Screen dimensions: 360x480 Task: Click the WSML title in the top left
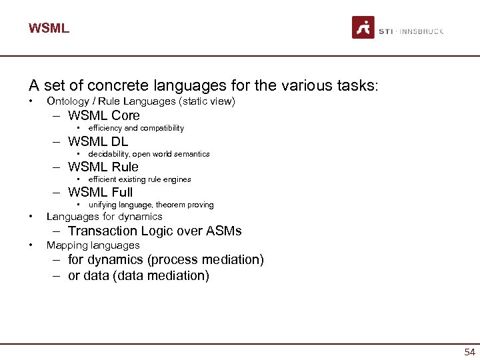click(x=49, y=29)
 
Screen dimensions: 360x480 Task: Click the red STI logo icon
click(x=363, y=28)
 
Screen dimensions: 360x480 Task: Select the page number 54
click(x=469, y=352)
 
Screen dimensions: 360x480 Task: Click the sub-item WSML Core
click(x=104, y=115)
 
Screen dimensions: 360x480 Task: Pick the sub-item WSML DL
click(x=98, y=141)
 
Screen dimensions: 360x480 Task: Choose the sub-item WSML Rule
click(x=103, y=167)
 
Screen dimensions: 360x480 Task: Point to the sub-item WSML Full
click(x=101, y=193)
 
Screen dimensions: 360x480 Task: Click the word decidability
click(x=109, y=154)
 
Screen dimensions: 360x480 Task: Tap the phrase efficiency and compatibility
click(x=136, y=128)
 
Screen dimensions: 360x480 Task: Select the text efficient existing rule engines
click(x=139, y=179)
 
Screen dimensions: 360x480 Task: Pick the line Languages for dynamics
click(x=104, y=217)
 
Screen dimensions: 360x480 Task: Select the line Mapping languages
click(x=93, y=245)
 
